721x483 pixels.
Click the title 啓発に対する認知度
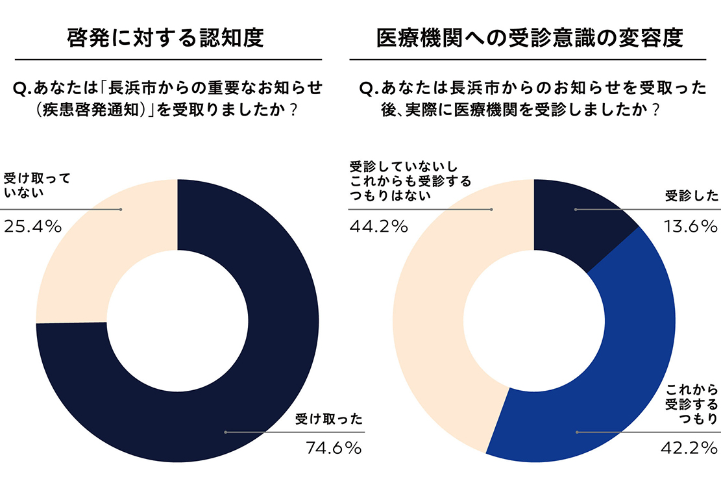tap(165, 38)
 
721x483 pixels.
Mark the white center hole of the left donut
tap(177, 321)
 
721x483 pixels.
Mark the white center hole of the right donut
tap(533, 321)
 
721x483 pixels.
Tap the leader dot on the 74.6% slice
tap(225, 432)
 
